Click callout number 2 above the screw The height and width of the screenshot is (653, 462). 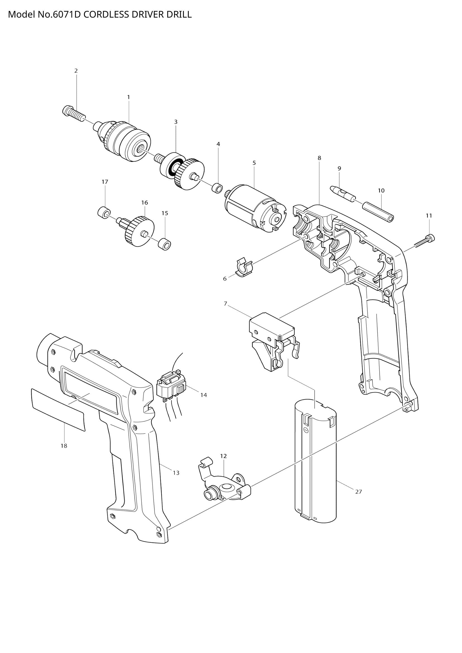point(76,71)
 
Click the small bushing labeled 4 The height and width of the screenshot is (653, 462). point(217,188)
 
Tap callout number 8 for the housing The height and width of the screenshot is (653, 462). point(319,158)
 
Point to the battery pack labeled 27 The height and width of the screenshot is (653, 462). point(315,461)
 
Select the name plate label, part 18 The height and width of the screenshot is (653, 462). point(58,410)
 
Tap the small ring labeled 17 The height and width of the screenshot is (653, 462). point(104,212)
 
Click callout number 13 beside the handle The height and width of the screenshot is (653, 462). point(176,473)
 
